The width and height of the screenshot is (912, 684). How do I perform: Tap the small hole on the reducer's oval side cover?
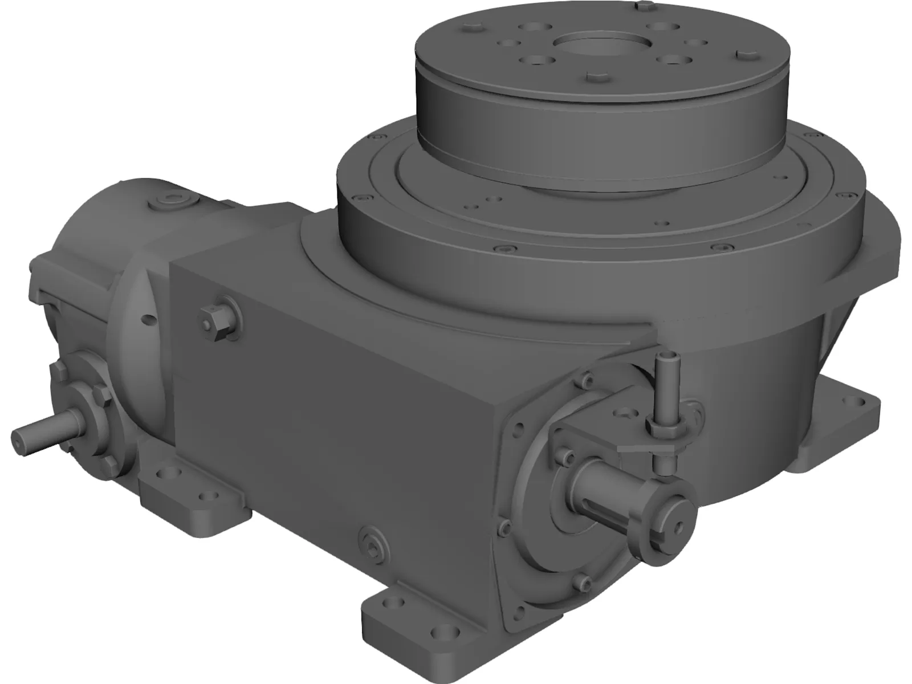point(149,320)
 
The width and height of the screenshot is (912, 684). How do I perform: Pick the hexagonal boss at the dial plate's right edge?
point(748,53)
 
